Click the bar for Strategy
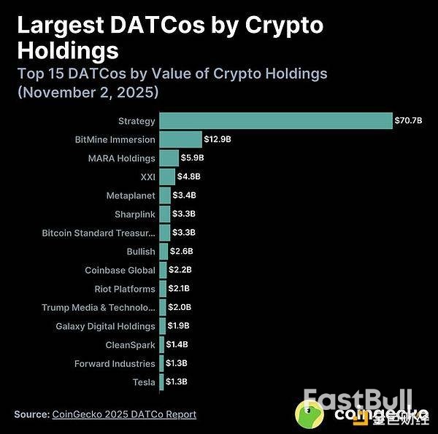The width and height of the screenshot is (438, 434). [276, 120]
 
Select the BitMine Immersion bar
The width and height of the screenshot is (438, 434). [180, 139]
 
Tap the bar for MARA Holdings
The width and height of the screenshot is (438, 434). [169, 158]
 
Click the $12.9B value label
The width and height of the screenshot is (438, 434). [216, 139]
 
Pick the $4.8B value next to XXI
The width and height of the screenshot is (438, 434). [189, 177]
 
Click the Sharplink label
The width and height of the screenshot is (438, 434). [135, 214]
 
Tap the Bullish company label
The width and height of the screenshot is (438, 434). [141, 251]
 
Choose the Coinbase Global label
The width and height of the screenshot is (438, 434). [120, 270]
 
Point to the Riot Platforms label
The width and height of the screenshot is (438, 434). [125, 289]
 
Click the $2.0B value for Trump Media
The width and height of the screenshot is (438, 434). [179, 307]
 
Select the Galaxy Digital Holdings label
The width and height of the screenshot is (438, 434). [106, 326]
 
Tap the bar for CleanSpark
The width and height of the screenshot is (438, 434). [162, 344]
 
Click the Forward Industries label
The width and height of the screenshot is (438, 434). [115, 363]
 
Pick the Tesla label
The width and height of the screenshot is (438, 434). [144, 381]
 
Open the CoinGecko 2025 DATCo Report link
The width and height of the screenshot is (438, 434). [124, 414]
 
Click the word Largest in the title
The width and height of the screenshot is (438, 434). [59, 26]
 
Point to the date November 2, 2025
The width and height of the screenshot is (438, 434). [89, 93]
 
